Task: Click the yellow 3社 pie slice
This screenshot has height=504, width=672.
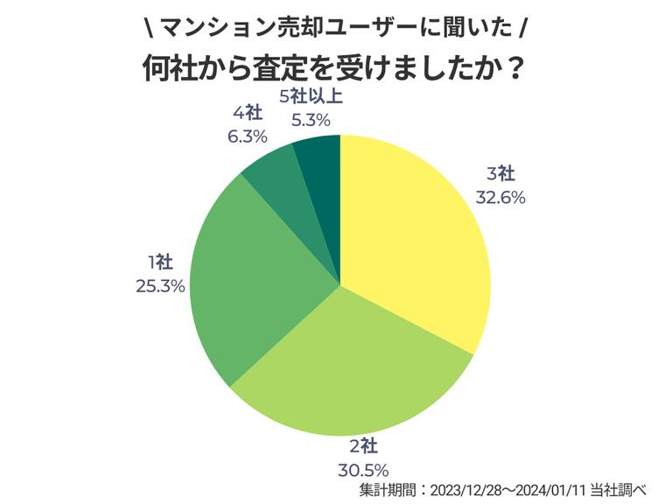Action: pyautogui.click(x=411, y=236)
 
